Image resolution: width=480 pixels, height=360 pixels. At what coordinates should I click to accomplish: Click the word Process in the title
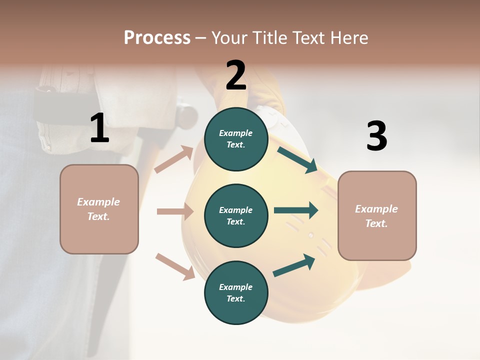click(x=157, y=38)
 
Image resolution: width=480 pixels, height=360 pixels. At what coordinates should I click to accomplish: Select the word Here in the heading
click(x=348, y=38)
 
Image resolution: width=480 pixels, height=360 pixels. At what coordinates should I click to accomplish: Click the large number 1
click(x=99, y=128)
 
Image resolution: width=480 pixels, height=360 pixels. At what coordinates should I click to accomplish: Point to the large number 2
click(x=236, y=76)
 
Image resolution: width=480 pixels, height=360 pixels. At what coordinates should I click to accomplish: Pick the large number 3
click(x=376, y=136)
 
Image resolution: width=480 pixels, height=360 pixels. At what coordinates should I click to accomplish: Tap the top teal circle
click(x=236, y=139)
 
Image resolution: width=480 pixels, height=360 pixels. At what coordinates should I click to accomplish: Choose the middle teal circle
click(x=236, y=215)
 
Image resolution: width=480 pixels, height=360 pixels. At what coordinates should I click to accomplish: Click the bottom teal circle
click(x=236, y=292)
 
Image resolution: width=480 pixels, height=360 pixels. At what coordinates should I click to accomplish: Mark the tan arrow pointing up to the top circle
click(x=174, y=159)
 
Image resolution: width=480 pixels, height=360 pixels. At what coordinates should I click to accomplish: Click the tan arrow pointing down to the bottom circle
click(x=175, y=266)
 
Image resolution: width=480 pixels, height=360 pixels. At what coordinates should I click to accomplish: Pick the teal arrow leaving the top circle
click(x=297, y=160)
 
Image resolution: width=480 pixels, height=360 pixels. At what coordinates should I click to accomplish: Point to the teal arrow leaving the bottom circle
click(x=294, y=265)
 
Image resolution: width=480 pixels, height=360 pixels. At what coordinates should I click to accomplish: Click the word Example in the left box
click(x=98, y=202)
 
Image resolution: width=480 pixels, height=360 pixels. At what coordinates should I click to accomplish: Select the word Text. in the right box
click(x=376, y=223)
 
